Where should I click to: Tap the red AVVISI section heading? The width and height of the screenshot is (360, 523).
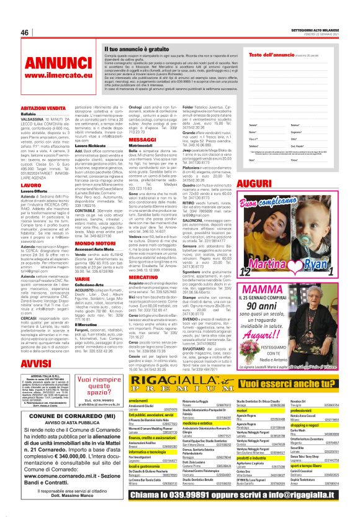[38, 364]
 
